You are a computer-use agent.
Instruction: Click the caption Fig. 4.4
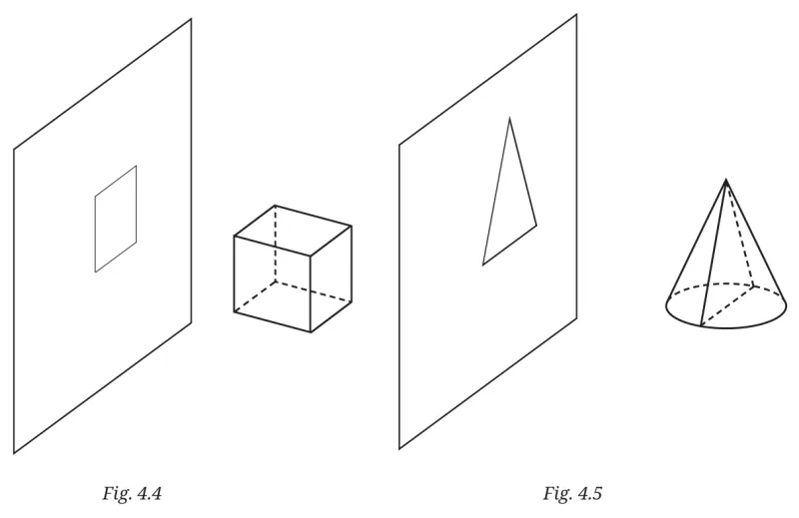pyautogui.click(x=132, y=494)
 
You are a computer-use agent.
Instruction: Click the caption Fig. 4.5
pyautogui.click(x=572, y=494)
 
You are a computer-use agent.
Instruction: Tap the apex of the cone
pyautogui.click(x=726, y=180)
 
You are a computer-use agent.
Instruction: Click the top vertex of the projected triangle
pyautogui.click(x=509, y=118)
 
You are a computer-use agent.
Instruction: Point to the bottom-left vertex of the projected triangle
pyautogui.click(x=483, y=264)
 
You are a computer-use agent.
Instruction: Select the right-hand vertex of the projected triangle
pyautogui.click(x=536, y=225)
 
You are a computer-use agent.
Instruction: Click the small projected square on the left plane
pyautogui.click(x=116, y=219)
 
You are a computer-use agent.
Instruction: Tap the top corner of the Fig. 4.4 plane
pyautogui.click(x=191, y=19)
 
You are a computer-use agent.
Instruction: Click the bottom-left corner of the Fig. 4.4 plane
pyautogui.click(x=14, y=453)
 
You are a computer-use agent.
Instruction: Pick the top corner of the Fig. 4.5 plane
pyautogui.click(x=576, y=15)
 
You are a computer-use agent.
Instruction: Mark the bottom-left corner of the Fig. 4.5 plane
pyautogui.click(x=399, y=449)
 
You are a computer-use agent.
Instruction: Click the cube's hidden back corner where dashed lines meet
pyautogui.click(x=276, y=280)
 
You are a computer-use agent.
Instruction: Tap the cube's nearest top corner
pyautogui.click(x=311, y=255)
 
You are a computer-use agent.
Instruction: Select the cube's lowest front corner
pyautogui.click(x=311, y=332)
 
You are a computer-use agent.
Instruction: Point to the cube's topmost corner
pyautogui.click(x=276, y=206)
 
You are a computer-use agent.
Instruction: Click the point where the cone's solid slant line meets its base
pyautogui.click(x=701, y=325)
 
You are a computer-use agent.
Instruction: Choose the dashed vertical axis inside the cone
pyautogui.click(x=739, y=233)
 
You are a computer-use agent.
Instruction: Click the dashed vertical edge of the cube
pyautogui.click(x=276, y=243)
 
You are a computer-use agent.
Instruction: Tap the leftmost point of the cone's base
pyautogui.click(x=666, y=305)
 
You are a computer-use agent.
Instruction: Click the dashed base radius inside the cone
pyautogui.click(x=727, y=305)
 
